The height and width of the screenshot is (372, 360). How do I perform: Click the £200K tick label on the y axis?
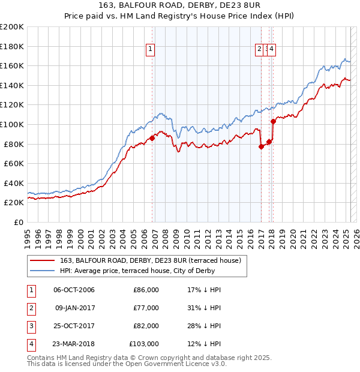click(x=12, y=27)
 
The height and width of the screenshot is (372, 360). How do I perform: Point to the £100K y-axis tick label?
click(x=12, y=124)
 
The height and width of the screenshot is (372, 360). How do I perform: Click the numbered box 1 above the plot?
click(x=150, y=50)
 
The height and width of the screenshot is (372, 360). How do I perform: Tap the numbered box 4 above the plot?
click(x=271, y=50)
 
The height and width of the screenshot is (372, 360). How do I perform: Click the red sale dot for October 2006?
click(x=152, y=138)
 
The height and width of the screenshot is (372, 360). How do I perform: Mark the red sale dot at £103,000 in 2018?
click(x=273, y=121)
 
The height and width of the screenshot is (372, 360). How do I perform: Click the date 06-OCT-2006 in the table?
click(x=74, y=290)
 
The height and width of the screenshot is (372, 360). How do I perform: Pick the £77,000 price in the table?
click(x=146, y=308)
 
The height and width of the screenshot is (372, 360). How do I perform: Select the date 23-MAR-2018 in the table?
click(x=74, y=344)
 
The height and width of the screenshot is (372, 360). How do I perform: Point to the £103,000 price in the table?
click(x=144, y=344)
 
